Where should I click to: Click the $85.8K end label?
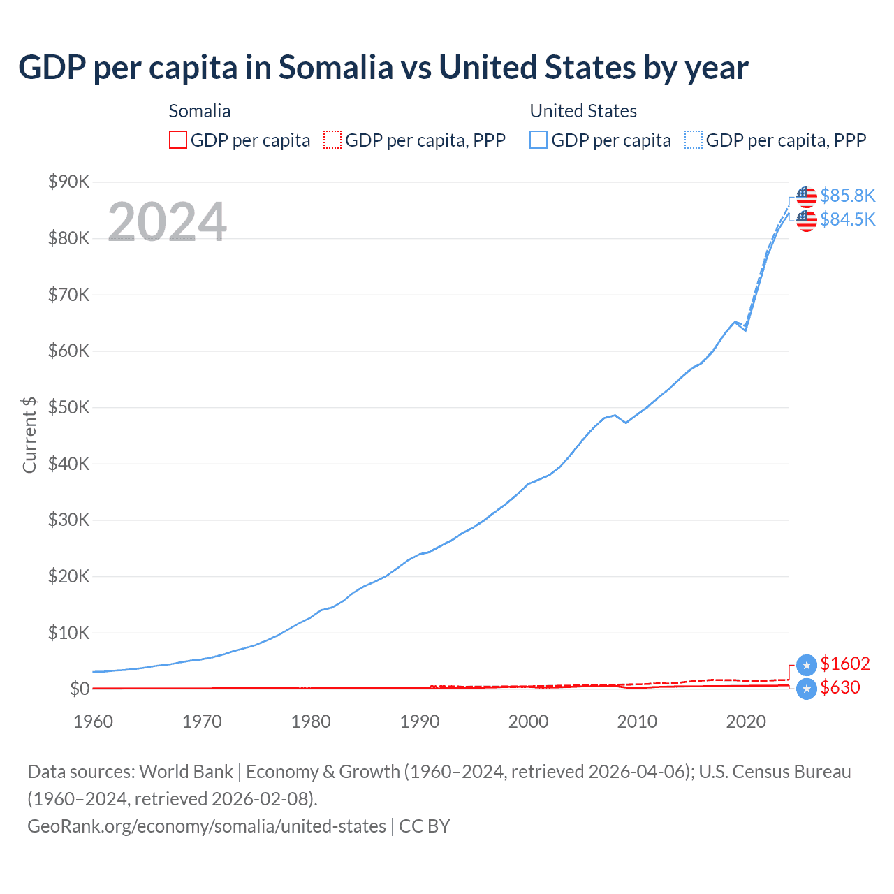[847, 196]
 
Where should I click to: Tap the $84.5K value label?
[847, 219]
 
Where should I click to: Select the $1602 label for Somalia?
[845, 664]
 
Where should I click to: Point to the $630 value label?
[840, 687]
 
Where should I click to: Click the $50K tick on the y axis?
[68, 407]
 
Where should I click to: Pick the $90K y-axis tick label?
[68, 182]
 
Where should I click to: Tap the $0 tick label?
[80, 689]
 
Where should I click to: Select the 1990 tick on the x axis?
[420, 721]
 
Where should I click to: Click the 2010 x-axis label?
[637, 721]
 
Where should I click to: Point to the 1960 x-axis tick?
[93, 721]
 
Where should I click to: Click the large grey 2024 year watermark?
[167, 222]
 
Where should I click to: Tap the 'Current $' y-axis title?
[29, 434]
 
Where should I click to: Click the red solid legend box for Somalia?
[178, 140]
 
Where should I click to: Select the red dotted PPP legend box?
[332, 140]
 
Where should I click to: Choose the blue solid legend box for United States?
[538, 140]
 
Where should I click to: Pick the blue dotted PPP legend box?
[694, 140]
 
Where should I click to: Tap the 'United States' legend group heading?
[583, 111]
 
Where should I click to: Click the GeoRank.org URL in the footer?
[207, 826]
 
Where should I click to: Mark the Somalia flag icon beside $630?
[807, 688]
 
